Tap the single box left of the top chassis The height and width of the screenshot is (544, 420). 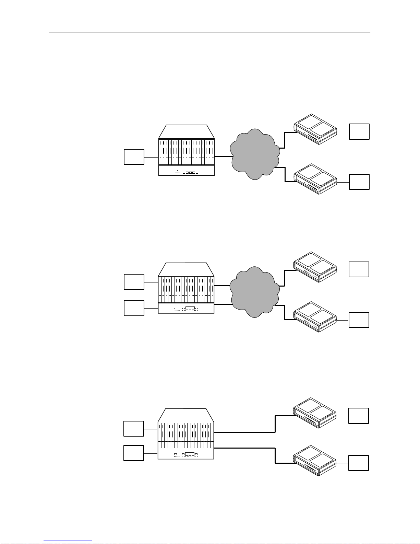(x=134, y=157)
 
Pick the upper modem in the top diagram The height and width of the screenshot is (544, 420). (x=315, y=129)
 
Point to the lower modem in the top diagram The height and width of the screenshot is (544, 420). (x=315, y=179)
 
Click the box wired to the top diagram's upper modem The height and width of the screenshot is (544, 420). (x=359, y=132)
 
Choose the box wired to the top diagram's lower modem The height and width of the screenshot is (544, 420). (x=359, y=182)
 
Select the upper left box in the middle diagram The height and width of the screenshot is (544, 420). (x=134, y=282)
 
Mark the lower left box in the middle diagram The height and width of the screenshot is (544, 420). (x=134, y=308)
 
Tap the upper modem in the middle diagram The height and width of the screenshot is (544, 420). (x=315, y=267)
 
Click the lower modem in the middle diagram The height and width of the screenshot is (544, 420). (x=315, y=317)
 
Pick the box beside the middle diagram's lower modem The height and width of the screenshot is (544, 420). (x=359, y=320)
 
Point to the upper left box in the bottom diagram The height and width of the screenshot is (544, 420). (x=133, y=429)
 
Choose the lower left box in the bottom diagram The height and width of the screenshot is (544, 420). (x=133, y=453)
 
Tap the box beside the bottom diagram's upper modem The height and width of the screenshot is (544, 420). (x=359, y=416)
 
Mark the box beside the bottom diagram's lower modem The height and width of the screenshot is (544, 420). (x=359, y=463)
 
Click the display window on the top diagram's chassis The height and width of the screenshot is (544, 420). (x=190, y=170)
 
